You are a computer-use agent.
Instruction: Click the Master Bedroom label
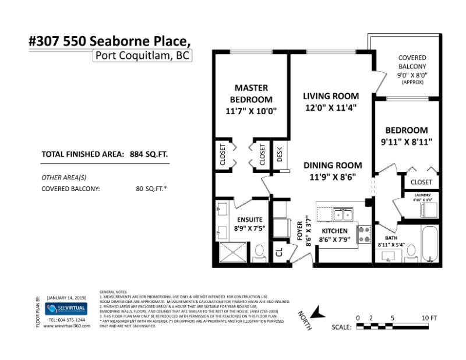pyautogui.click(x=250, y=93)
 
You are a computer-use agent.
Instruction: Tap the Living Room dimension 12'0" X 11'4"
pyautogui.click(x=330, y=107)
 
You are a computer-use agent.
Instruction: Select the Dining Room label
pyautogui.click(x=333, y=165)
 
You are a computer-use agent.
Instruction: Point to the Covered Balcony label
pyautogui.click(x=412, y=62)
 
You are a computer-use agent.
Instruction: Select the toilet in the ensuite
pyautogui.click(x=260, y=252)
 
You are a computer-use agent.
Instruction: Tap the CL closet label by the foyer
pyautogui.click(x=279, y=252)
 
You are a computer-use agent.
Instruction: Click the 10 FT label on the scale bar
pyautogui.click(x=429, y=317)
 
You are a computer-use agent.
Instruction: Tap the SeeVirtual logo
pyautogui.click(x=66, y=309)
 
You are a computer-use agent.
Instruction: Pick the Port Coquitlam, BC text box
pyautogui.click(x=142, y=56)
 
